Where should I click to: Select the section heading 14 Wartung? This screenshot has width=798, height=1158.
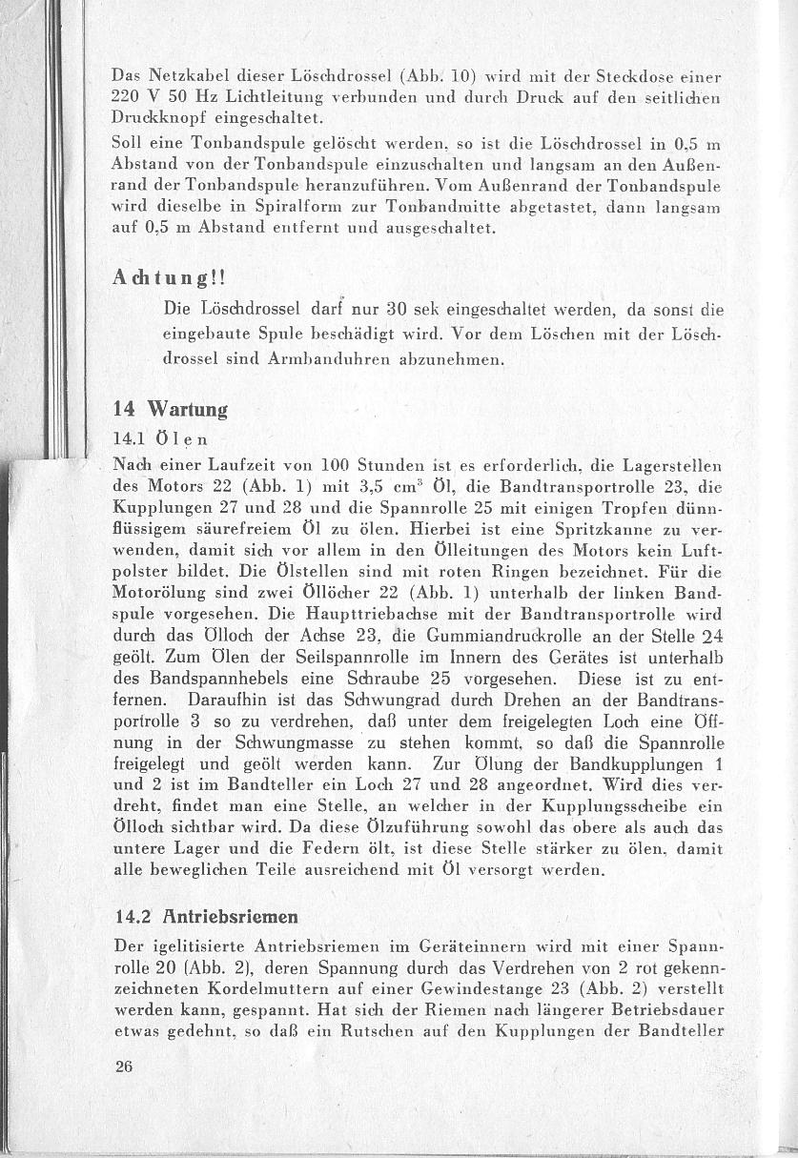170,411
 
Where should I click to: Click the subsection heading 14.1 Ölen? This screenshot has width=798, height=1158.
159,439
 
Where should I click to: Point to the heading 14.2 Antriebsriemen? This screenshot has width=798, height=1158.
206,917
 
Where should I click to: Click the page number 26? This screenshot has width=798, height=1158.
124,1067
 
